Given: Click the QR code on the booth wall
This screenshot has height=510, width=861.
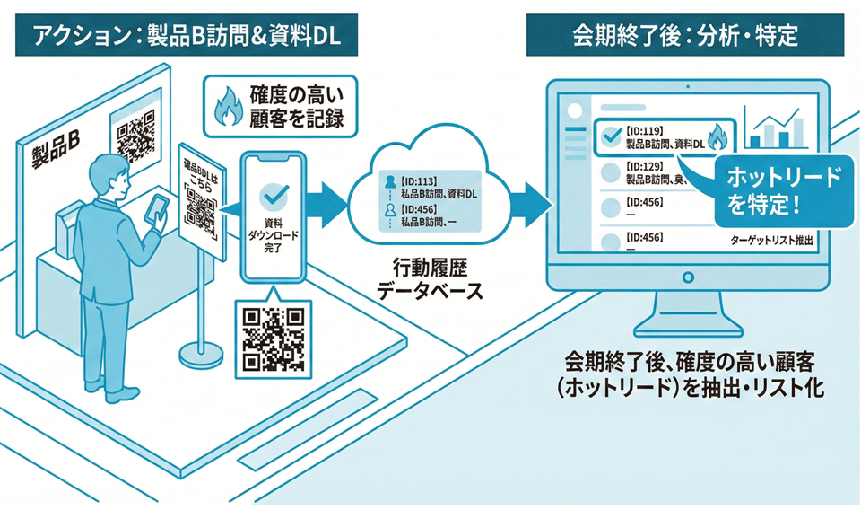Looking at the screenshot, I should pyautogui.click(x=135, y=136).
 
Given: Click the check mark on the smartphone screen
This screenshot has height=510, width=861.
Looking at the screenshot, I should pyautogui.click(x=273, y=196).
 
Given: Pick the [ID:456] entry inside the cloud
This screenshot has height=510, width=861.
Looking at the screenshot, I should pyautogui.click(x=422, y=215).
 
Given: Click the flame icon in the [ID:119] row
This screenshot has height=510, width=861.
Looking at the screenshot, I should pyautogui.click(x=717, y=138).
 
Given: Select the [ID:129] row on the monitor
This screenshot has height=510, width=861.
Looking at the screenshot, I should pyautogui.click(x=659, y=172).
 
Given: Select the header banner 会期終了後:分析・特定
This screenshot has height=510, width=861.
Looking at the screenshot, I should pyautogui.click(x=687, y=35).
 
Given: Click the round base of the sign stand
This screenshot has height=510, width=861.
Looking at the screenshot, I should pyautogui.click(x=203, y=354).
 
